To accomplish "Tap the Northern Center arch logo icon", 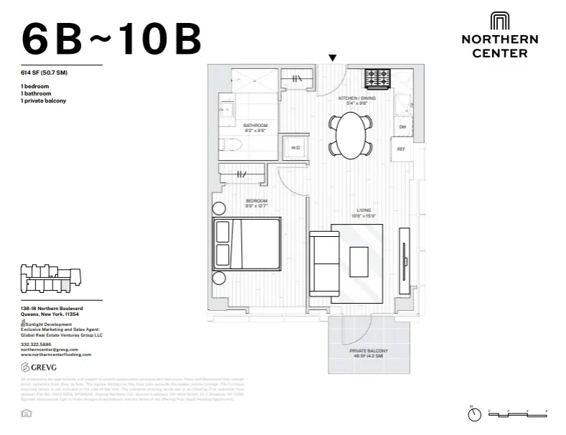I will click(x=499, y=21).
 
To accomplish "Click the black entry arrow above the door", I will click(x=332, y=57).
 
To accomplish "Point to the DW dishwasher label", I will click(x=402, y=127).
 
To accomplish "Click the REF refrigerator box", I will click(x=402, y=149).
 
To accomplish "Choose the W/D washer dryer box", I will click(x=295, y=148).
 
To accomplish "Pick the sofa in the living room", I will click(x=324, y=263).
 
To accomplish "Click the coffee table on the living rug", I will click(x=358, y=258).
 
